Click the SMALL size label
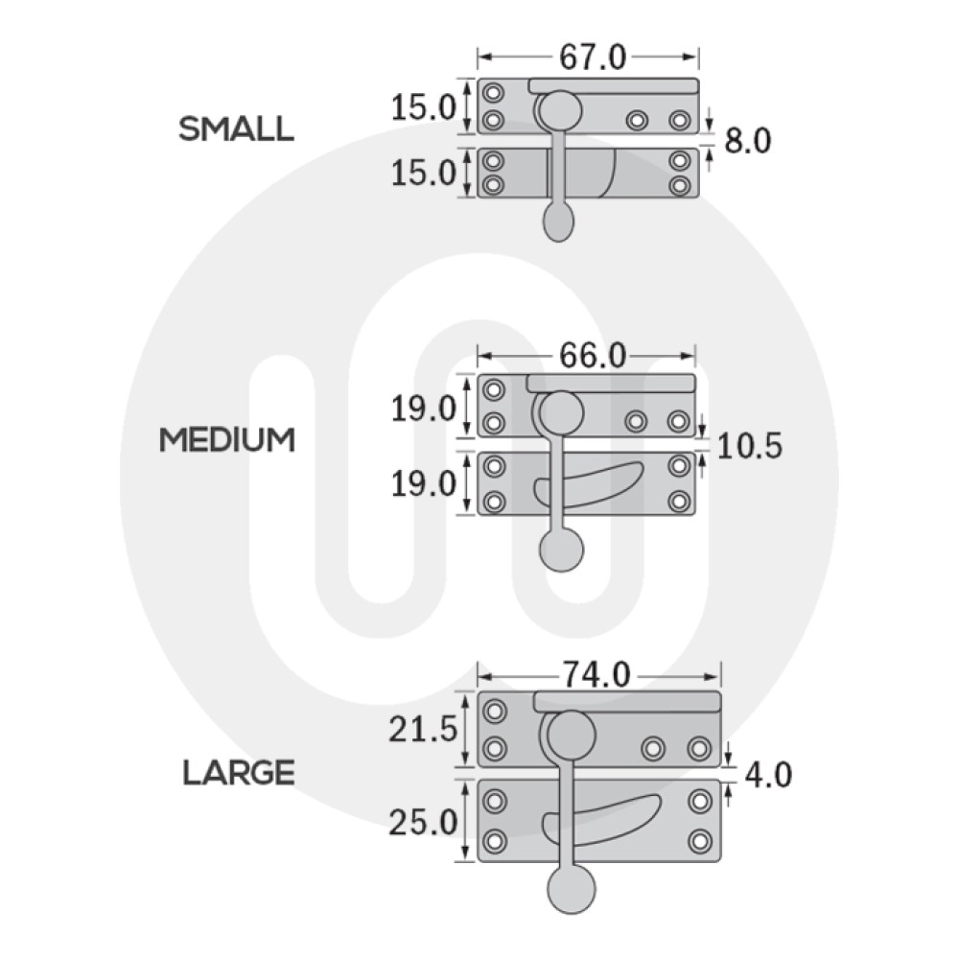[x=236, y=129]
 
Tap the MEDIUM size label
[x=226, y=440]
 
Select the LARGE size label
[x=239, y=772]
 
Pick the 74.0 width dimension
[x=596, y=675]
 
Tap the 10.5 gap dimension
[x=749, y=446]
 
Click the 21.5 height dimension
[x=422, y=731]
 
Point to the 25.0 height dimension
[x=422, y=822]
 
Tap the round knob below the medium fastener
[x=562, y=550]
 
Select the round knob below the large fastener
[x=572, y=891]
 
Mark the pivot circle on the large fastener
[x=573, y=733]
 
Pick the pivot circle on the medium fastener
[x=561, y=413]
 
